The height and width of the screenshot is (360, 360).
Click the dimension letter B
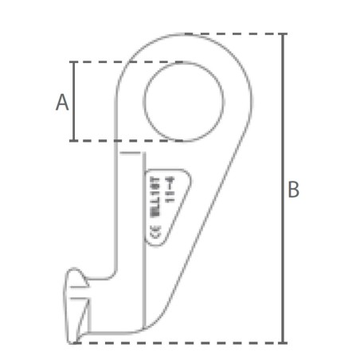coord(293,190)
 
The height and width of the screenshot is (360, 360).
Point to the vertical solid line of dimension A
coord(74,101)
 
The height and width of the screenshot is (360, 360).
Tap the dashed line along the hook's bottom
coord(175,343)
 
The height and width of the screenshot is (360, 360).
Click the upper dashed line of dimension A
coord(104,62)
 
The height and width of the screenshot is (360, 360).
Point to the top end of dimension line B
coord(284,35)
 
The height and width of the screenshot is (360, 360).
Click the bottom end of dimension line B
coord(284,342)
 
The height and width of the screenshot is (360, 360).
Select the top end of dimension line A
coord(74,63)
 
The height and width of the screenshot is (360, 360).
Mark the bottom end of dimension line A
coord(74,140)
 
